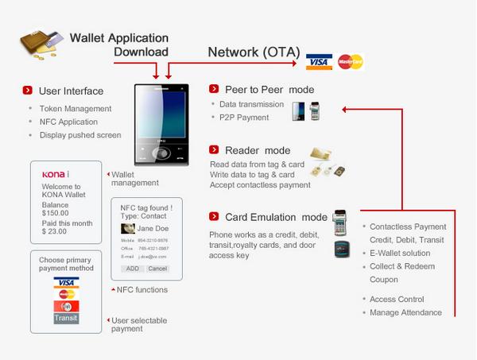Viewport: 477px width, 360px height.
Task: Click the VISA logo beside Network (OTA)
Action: coord(319,62)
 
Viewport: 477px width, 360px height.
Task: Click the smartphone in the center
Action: coord(161,122)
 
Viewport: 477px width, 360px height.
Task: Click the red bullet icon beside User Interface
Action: coord(28,91)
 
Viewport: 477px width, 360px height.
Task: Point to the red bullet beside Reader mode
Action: coord(215,150)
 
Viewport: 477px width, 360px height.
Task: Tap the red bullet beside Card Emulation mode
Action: coord(215,217)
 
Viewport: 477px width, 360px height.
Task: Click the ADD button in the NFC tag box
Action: coord(132,269)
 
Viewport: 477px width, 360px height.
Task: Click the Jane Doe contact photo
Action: coord(128,228)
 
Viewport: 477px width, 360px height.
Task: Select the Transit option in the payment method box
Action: coord(66,318)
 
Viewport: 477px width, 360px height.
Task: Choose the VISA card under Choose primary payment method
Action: coord(66,281)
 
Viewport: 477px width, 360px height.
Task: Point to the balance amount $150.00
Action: coord(56,213)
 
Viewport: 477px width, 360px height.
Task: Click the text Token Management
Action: coord(76,109)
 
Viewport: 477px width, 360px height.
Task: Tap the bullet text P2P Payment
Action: coord(244,118)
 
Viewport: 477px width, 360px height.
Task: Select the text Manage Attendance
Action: coord(405,312)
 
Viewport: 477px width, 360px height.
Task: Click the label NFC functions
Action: coord(142,290)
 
